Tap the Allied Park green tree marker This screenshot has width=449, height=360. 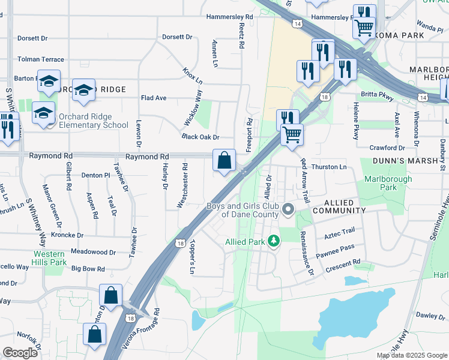coord(274,241)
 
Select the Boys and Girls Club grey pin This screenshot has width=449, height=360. coord(288,210)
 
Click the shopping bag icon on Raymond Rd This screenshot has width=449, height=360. coord(224,160)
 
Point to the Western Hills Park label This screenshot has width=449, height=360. coord(49,259)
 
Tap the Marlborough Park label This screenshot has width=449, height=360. coord(388,183)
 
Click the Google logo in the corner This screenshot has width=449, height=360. coord(20,353)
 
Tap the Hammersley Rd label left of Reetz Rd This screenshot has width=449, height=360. coord(229,17)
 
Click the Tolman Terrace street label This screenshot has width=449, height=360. coord(41,59)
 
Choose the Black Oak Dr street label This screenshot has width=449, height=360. coord(200,137)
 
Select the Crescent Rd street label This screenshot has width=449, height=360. coord(343,263)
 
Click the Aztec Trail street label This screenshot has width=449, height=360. coord(340,230)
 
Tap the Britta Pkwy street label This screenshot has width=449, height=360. coord(376,95)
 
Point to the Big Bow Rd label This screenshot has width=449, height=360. coord(88,269)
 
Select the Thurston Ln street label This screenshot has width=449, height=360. coord(330,167)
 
